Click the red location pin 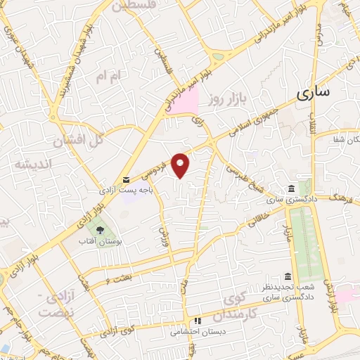pos(181,165)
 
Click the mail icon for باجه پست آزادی pos(126,179)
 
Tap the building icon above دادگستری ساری pos(290,188)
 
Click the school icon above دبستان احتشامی pos(198,321)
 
